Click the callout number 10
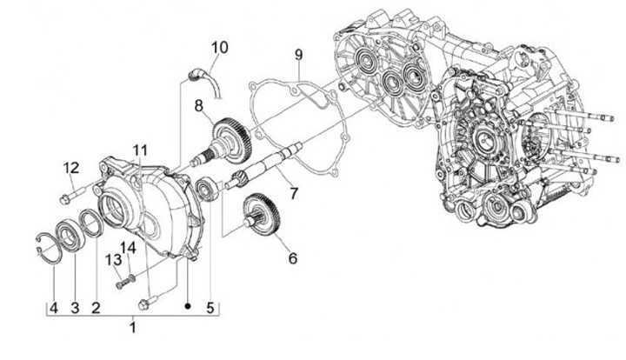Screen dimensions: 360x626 [x=219, y=46]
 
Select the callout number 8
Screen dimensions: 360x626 [x=199, y=106]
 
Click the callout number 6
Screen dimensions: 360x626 [x=292, y=258]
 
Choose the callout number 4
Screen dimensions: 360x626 [x=52, y=306]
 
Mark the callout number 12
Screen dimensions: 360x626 [x=71, y=167]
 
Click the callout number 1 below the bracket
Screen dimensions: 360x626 [x=132, y=328]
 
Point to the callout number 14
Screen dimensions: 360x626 [x=130, y=248]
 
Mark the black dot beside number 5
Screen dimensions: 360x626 [x=189, y=306]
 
